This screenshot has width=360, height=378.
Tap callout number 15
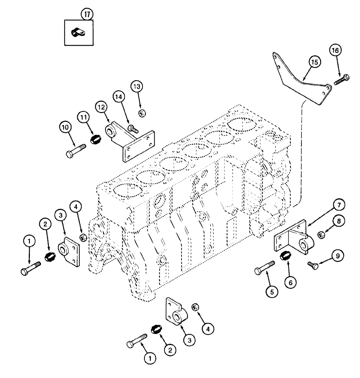point(315,61)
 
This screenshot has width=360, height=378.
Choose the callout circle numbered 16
point(336,50)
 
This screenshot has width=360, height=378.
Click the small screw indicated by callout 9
point(312,265)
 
